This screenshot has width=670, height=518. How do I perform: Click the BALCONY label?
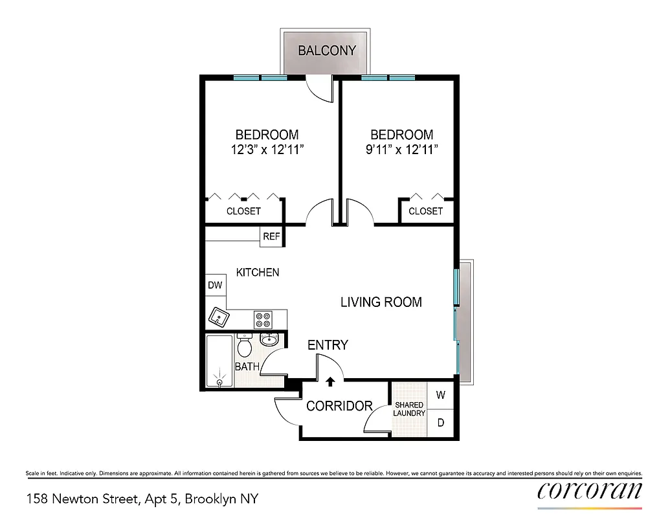click(327, 51)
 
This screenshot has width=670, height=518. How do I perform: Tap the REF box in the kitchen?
click(271, 236)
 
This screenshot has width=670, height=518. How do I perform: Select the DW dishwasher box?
click(214, 285)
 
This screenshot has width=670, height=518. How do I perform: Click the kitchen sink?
click(219, 317)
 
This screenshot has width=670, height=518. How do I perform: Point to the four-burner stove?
click(263, 319)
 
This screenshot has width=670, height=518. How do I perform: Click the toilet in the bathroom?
click(244, 346)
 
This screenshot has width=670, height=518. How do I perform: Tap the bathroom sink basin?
click(268, 339)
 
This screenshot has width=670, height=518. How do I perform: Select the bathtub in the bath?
click(219, 361)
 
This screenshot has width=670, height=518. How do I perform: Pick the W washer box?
click(440, 394)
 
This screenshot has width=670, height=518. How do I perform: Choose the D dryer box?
click(440, 423)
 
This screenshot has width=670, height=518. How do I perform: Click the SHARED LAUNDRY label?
click(409, 409)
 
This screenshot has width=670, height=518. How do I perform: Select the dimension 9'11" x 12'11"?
click(401, 150)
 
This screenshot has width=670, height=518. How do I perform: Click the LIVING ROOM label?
click(381, 302)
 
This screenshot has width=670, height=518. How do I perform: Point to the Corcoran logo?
click(589, 491)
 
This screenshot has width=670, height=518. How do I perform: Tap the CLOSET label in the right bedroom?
click(425, 211)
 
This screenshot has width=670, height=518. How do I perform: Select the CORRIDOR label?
click(339, 406)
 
